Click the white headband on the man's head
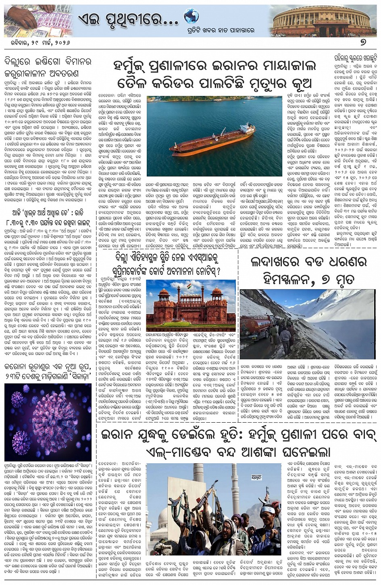(x=267, y=509)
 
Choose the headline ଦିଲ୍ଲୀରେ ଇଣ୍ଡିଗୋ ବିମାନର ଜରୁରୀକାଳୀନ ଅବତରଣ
(x=48, y=68)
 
